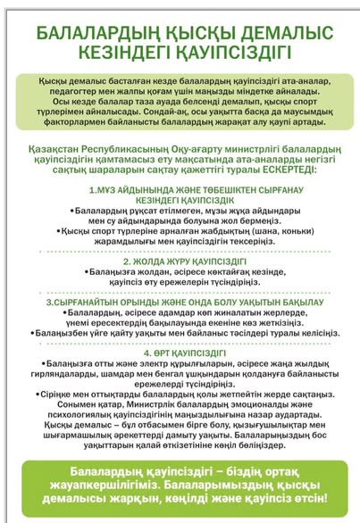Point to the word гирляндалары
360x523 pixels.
(77, 373)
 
